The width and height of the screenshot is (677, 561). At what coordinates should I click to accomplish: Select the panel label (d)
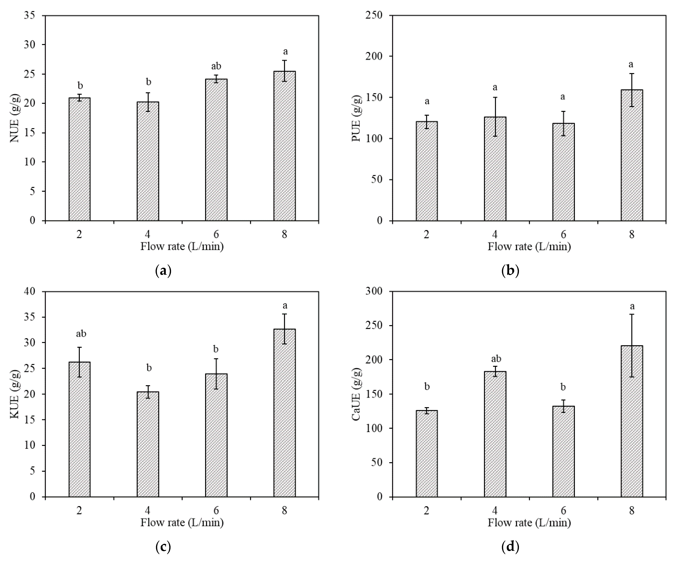(x=510, y=546)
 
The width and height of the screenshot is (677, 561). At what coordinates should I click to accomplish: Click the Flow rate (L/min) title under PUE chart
(x=529, y=247)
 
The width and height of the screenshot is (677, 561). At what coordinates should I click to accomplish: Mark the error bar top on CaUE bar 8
(x=632, y=314)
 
